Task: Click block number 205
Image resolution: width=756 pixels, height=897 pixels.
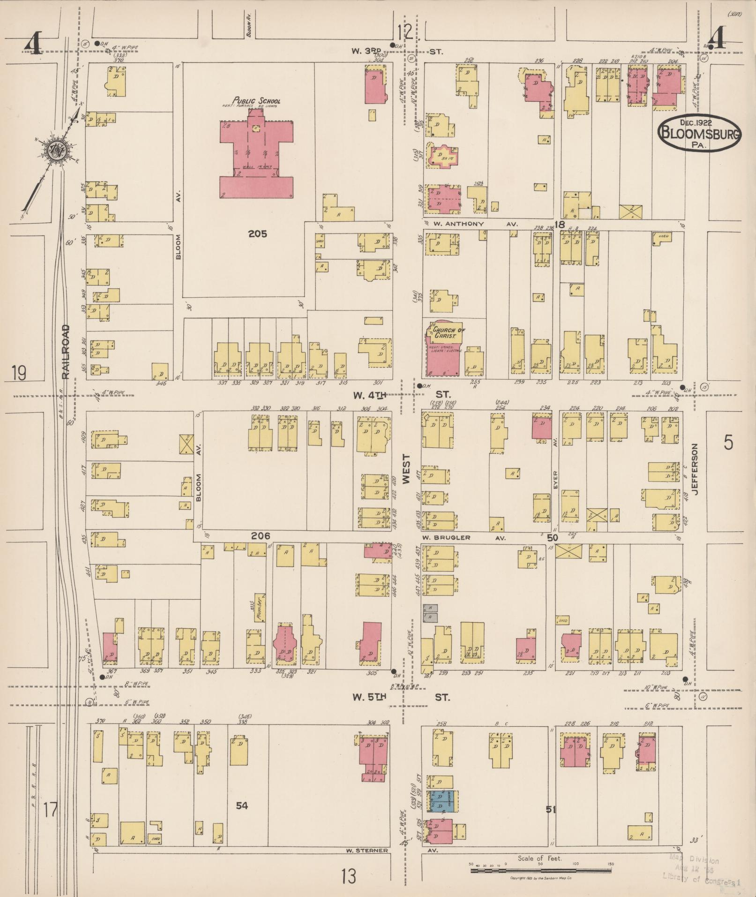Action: (257, 234)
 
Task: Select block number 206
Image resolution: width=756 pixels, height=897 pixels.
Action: (260, 536)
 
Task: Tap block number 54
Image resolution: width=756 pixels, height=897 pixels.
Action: (242, 806)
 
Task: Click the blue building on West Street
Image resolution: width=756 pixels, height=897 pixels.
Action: (443, 801)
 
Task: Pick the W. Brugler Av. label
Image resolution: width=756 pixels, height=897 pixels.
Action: (464, 538)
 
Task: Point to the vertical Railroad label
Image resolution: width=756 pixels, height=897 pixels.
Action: (65, 352)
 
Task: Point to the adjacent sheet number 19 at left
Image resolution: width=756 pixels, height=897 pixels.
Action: (19, 373)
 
